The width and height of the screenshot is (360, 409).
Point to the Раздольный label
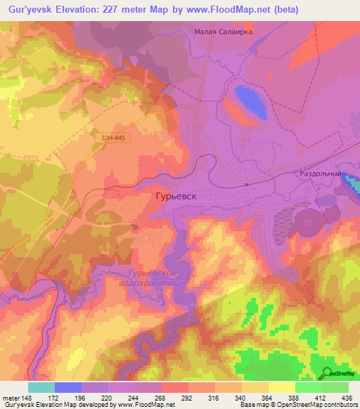320,174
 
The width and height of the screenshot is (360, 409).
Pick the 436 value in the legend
347,397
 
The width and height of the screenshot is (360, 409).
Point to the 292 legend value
188,397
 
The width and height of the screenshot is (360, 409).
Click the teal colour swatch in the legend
41,387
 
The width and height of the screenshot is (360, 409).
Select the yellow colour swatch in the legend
281,387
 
